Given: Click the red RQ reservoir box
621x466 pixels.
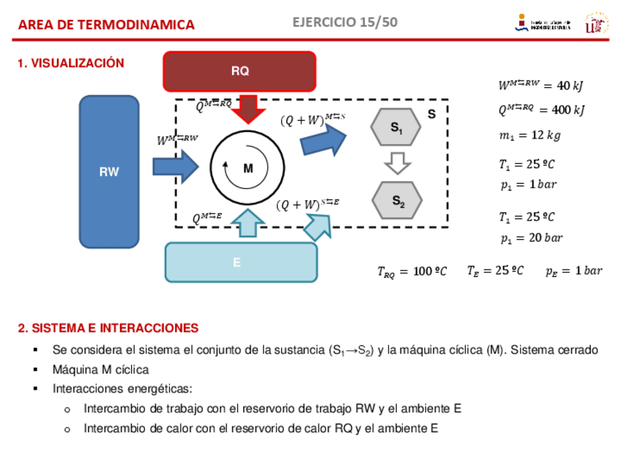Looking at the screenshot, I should [x=239, y=71].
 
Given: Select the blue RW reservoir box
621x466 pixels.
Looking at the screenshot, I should [x=109, y=171].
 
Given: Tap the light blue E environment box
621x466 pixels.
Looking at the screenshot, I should [x=241, y=262].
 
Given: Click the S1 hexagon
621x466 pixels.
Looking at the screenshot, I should [x=396, y=127].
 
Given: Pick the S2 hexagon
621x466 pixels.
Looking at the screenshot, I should [x=396, y=200].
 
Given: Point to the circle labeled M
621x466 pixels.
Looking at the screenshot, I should [x=248, y=168].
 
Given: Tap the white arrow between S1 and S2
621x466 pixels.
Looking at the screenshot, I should [x=397, y=163].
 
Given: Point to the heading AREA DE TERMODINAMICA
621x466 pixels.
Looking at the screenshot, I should [x=106, y=25].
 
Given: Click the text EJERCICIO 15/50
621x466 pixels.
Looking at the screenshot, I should [x=345, y=22].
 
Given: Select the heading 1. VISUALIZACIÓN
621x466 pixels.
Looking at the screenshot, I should [x=71, y=64].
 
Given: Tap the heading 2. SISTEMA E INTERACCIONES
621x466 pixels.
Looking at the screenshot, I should [x=108, y=328].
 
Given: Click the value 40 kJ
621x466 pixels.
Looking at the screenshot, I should [x=570, y=86].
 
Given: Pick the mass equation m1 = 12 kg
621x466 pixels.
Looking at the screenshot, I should [x=529, y=136].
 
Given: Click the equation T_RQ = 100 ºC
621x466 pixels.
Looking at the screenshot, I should [x=412, y=272].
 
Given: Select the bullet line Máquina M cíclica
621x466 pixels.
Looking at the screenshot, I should [x=100, y=369].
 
